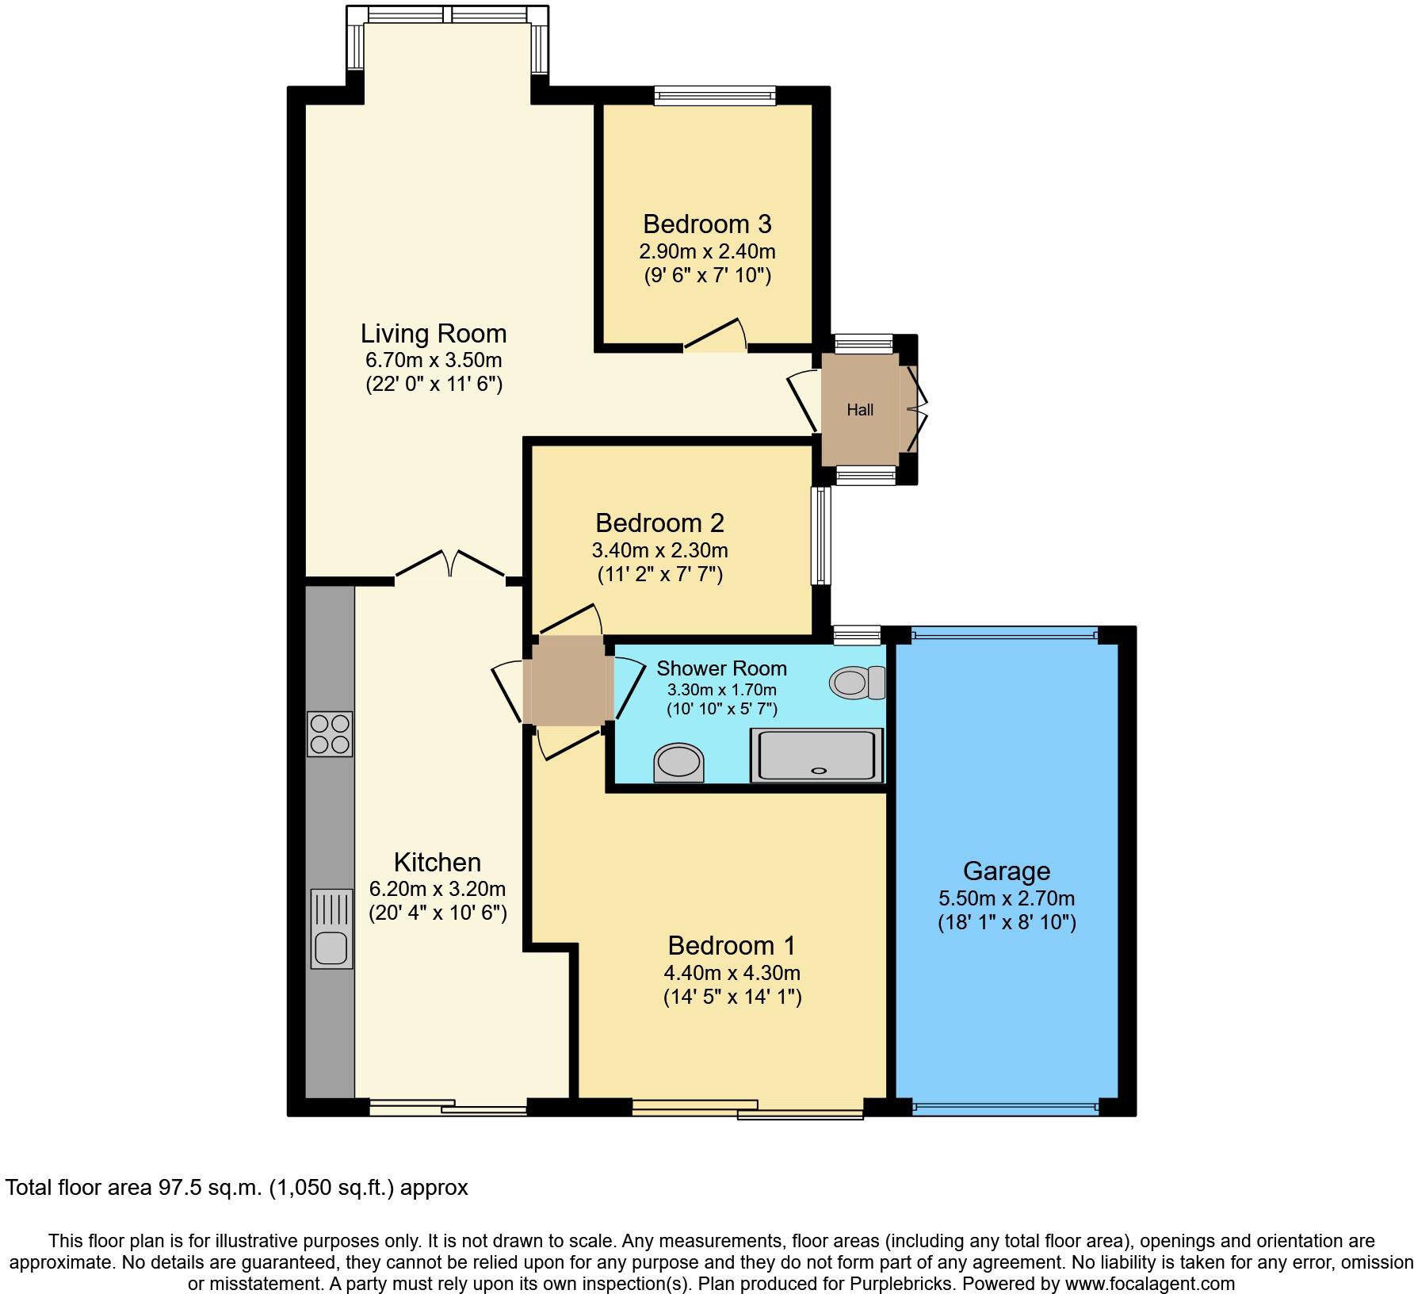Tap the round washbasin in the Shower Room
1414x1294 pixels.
678,763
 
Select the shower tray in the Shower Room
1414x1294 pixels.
817,755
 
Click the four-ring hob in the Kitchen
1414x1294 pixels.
330,733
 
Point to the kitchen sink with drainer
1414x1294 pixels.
331,927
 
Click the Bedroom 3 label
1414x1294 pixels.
707,224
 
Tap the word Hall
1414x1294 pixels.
860,410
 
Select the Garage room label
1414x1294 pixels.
1006,871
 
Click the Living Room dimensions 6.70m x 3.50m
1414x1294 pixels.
433,360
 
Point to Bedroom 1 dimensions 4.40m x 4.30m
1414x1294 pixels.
732,972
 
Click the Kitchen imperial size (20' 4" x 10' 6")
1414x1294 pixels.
438,913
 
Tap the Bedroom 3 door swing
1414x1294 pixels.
716,335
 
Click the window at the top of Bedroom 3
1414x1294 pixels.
714,96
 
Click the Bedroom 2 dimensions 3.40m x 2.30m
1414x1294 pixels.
659,549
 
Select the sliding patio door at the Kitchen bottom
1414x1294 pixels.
448,1108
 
